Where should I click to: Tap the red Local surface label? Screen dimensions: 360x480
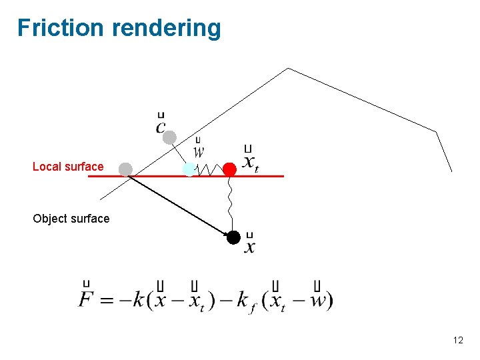click(x=68, y=167)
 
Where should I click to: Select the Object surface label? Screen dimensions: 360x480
click(x=71, y=219)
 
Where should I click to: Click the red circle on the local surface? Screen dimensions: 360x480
click(x=229, y=169)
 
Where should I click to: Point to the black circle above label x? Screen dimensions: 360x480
click(x=233, y=237)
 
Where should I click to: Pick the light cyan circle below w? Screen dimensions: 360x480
click(x=189, y=169)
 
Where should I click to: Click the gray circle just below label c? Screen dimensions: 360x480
click(x=170, y=137)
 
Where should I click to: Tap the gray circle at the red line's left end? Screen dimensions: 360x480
click(x=125, y=169)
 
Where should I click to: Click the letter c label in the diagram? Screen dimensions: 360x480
click(x=161, y=125)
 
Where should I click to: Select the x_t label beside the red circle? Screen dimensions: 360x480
click(x=250, y=161)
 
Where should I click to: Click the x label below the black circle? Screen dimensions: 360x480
click(x=250, y=247)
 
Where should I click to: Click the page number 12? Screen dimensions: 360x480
click(x=458, y=341)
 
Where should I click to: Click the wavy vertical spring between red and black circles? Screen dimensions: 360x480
click(x=230, y=203)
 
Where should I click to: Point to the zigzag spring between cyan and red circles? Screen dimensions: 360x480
click(x=209, y=170)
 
